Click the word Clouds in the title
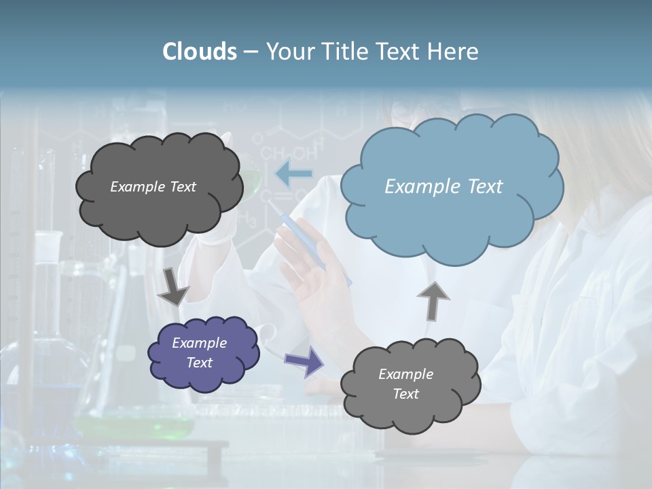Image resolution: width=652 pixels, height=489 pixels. [x=200, y=52]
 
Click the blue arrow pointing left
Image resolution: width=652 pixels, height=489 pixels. [x=293, y=174]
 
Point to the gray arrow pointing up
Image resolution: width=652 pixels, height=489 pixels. [x=433, y=300]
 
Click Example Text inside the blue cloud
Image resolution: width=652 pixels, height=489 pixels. [x=443, y=187]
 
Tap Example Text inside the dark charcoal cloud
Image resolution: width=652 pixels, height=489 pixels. [x=153, y=187]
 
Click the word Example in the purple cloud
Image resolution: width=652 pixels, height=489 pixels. [x=199, y=343]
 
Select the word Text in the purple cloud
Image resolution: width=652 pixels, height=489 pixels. [x=199, y=363]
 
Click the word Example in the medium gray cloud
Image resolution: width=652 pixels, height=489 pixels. [x=405, y=374]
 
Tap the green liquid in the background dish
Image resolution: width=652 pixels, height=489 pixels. [x=136, y=427]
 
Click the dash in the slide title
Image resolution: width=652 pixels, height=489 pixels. [x=251, y=52]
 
